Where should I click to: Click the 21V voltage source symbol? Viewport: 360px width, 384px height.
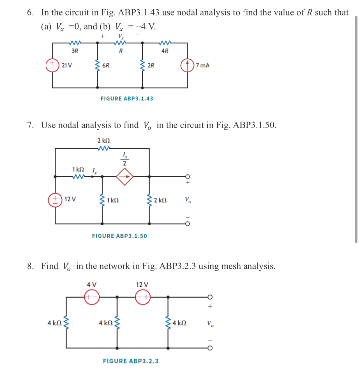point(53,65)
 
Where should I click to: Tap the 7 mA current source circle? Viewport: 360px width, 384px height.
point(187,65)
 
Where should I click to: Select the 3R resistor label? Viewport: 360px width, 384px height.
point(75,51)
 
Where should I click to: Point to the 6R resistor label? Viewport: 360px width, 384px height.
point(106,66)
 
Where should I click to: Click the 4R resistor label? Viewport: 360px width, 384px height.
point(165,51)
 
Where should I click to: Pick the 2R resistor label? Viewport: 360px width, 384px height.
point(151,66)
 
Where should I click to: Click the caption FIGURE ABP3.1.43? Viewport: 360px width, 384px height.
point(127,99)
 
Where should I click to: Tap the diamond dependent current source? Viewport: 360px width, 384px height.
point(125,177)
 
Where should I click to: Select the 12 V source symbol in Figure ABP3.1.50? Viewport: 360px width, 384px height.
point(55,200)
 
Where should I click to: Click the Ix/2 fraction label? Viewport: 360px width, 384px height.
point(124,159)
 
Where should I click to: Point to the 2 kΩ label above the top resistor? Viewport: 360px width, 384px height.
point(103,140)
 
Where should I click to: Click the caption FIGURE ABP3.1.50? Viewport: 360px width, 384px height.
point(119,236)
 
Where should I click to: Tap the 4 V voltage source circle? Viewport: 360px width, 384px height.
point(92,297)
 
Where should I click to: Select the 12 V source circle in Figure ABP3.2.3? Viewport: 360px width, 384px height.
point(142,297)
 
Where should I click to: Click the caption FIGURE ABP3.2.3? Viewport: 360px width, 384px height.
point(131,361)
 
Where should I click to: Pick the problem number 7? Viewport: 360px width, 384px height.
point(30,125)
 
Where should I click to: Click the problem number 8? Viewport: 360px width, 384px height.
point(30,266)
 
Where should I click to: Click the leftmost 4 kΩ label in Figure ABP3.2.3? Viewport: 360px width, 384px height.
point(54,323)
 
